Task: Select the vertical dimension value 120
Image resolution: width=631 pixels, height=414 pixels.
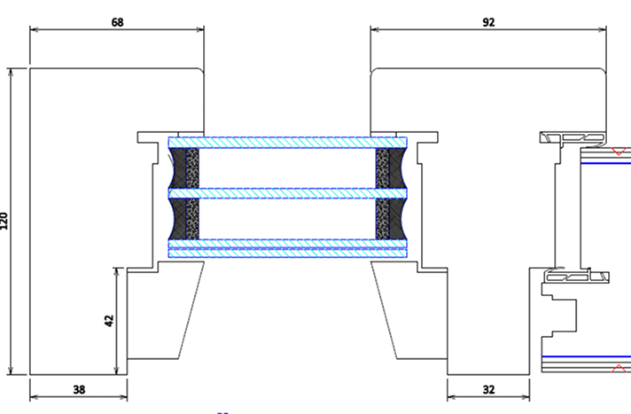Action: click(5, 221)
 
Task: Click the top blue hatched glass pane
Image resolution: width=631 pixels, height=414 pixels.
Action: click(287, 142)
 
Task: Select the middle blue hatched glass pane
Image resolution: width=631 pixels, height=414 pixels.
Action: click(287, 192)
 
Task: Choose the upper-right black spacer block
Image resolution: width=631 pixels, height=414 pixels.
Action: click(388, 168)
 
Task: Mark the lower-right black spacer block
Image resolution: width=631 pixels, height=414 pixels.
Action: click(388, 218)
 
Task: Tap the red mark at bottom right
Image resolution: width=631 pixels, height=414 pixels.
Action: click(618, 367)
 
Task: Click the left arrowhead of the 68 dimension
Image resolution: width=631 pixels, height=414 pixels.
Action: click(34, 29)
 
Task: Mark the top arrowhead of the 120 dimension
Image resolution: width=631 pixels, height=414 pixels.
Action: click(12, 72)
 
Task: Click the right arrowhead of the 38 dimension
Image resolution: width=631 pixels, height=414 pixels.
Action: click(124, 388)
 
